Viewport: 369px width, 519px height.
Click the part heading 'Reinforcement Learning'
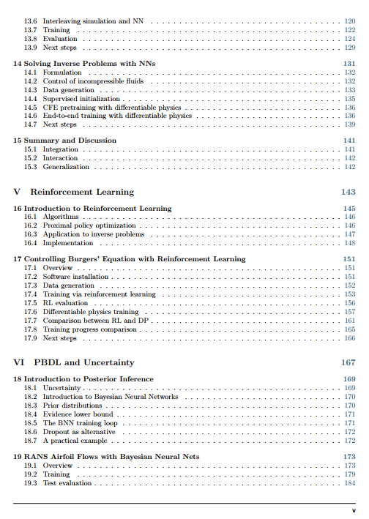[82, 192]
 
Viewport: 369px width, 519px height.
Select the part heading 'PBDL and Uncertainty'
[82, 362]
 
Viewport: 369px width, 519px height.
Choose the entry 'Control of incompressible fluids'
[92, 81]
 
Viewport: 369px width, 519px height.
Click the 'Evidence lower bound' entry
[77, 414]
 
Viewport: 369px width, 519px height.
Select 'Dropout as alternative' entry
[79, 432]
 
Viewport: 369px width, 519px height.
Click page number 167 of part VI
[348, 362]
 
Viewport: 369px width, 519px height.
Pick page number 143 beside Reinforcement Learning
[348, 192]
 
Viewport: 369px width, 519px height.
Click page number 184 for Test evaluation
[350, 483]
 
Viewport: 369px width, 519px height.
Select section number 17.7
[30, 321]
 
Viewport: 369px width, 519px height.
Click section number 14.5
[30, 108]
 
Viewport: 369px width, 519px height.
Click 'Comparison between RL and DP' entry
[95, 321]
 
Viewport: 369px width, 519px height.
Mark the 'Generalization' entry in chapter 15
[66, 167]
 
